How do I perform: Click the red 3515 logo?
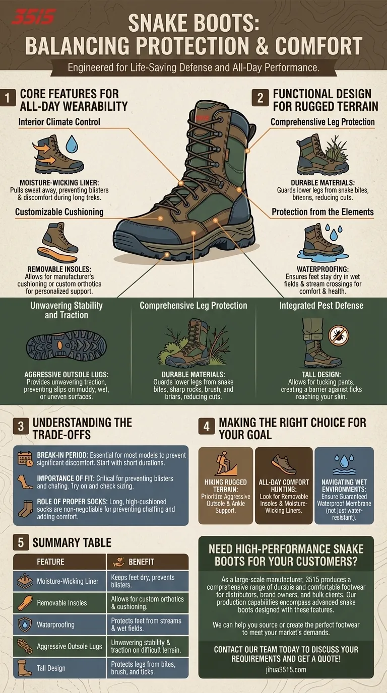pyautogui.click(x=33, y=17)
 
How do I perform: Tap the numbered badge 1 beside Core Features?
pyautogui.click(x=8, y=98)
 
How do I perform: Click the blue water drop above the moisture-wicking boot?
pyautogui.click(x=72, y=144)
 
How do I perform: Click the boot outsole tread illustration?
pyautogui.click(x=66, y=346)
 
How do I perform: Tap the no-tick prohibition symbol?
pyautogui.click(x=339, y=336)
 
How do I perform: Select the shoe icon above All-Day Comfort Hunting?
pyautogui.click(x=284, y=464)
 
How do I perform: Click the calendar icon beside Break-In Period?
pyautogui.click(x=25, y=458)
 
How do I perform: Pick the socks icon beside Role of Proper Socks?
pyautogui.click(x=25, y=509)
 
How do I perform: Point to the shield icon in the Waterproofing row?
pyautogui.click(x=25, y=625)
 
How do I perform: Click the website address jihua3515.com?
pyautogui.click(x=286, y=670)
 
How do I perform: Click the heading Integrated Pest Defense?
pyautogui.click(x=321, y=306)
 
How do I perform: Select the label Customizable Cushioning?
pyautogui.click(x=59, y=212)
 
